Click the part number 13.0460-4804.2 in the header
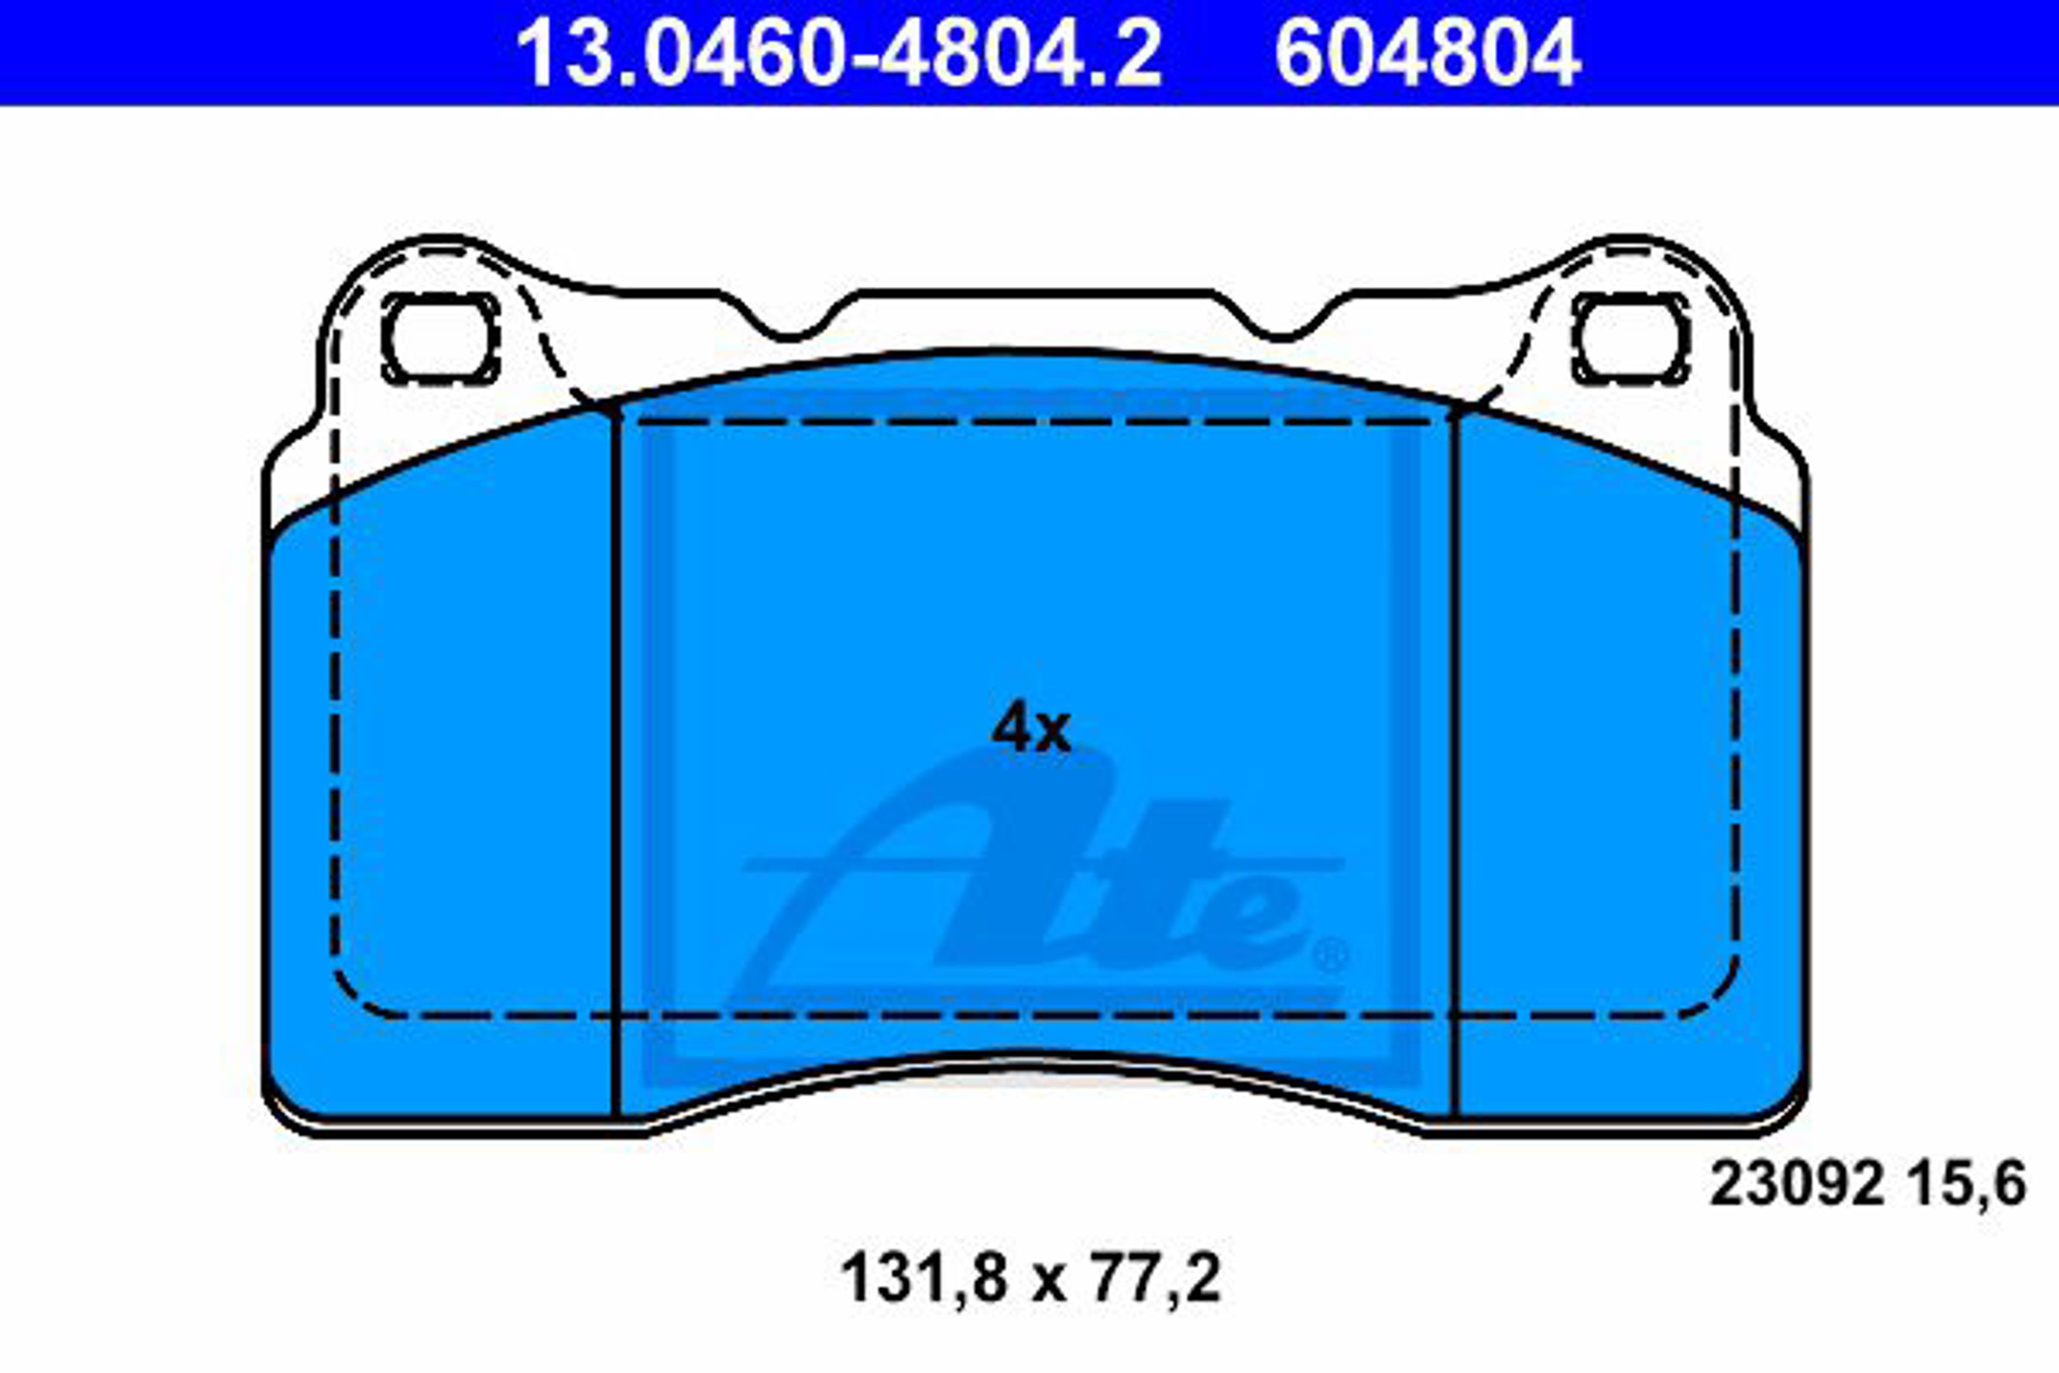pyautogui.click(x=840, y=54)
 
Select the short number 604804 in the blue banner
pyautogui.click(x=1428, y=54)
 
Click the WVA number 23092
pyautogui.click(x=1796, y=1185)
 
